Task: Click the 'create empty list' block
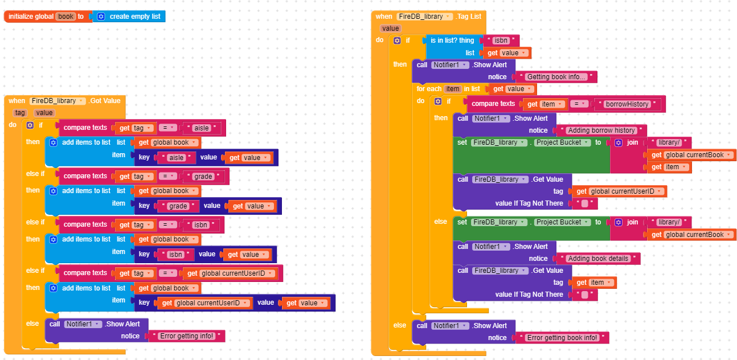[129, 17]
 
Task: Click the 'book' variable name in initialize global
[66, 17]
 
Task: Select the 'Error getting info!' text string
[187, 336]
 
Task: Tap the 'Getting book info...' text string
[556, 77]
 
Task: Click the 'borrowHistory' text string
[627, 104]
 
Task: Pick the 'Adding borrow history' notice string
[601, 130]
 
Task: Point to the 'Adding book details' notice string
[598, 259]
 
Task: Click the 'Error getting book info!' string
[562, 338]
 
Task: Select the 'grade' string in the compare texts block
[203, 177]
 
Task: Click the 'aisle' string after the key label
[177, 158]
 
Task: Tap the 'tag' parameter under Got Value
[20, 113]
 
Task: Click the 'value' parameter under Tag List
[391, 28]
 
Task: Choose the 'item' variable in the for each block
[453, 89]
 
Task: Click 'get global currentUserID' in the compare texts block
[230, 273]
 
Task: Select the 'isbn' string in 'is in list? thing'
[501, 40]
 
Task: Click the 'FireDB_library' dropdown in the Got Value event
[58, 101]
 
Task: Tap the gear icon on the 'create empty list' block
[101, 17]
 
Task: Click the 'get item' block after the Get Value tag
[595, 283]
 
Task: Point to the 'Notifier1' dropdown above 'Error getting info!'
[83, 324]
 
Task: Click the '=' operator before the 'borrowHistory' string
[579, 104]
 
